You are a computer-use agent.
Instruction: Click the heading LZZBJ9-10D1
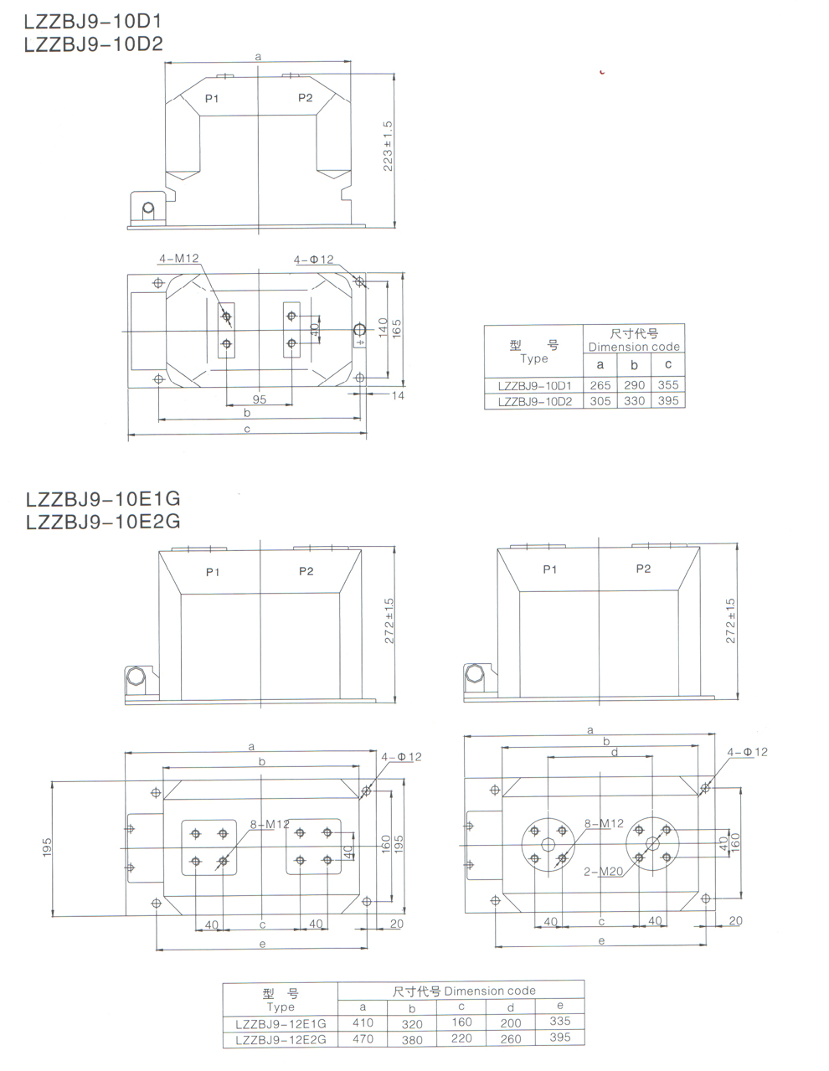click(93, 21)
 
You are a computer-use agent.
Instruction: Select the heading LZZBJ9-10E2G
click(103, 522)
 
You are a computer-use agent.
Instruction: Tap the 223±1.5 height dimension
click(388, 146)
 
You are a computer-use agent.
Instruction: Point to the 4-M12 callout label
click(179, 258)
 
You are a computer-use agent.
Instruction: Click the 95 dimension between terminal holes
click(260, 399)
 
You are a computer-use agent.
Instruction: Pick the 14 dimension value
click(398, 395)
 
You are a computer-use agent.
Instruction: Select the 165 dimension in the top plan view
click(397, 328)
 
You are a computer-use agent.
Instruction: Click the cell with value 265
click(600, 385)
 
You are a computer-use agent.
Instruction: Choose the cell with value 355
click(668, 384)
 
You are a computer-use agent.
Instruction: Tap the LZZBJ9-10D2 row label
click(535, 402)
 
